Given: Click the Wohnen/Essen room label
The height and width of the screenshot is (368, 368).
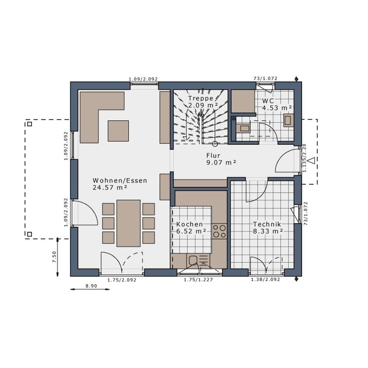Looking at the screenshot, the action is click(x=120, y=180).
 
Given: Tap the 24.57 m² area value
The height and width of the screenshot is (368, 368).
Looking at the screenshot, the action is click(x=110, y=188).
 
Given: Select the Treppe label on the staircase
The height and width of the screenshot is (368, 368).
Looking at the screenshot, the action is click(x=201, y=98).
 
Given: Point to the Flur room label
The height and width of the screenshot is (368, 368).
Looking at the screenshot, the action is click(x=213, y=155).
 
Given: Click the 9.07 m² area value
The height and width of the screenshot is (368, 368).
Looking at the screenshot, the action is click(x=221, y=162).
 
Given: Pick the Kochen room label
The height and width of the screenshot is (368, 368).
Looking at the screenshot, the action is click(x=190, y=224).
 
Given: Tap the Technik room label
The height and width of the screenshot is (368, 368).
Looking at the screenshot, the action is click(x=267, y=224).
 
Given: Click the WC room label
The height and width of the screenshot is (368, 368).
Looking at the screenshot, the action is click(x=268, y=101).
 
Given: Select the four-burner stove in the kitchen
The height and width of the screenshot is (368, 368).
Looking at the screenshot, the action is click(x=219, y=231).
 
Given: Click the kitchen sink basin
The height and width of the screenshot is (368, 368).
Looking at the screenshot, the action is click(x=193, y=260).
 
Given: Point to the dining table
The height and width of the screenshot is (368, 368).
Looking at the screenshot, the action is click(x=128, y=223).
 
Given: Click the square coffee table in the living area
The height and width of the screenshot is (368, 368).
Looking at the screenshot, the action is click(x=118, y=131).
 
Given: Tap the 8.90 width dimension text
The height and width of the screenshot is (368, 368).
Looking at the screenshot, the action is click(x=91, y=286).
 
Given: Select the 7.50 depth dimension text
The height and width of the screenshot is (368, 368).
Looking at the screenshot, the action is click(x=54, y=257).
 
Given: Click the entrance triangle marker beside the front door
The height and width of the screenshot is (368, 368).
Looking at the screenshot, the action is click(x=312, y=161).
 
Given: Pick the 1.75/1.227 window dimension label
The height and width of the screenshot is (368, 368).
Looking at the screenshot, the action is click(x=198, y=280).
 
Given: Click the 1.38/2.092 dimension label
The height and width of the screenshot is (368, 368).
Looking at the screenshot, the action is click(x=265, y=279).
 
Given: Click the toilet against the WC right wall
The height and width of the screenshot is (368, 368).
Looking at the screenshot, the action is click(x=289, y=120).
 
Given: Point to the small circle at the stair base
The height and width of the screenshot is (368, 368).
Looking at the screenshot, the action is click(x=215, y=144).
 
